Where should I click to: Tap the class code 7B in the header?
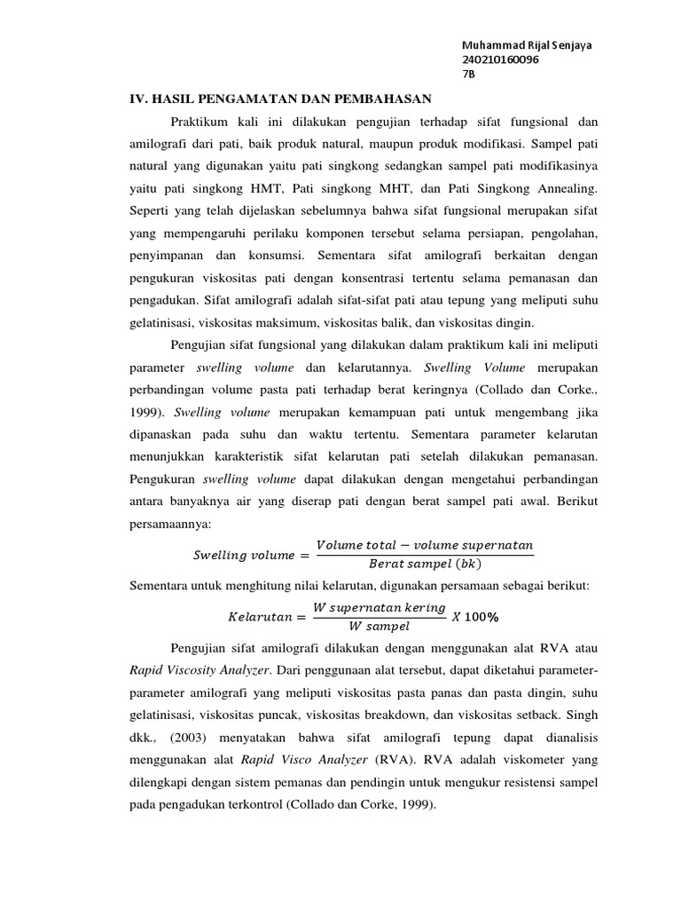pyautogui.click(x=469, y=75)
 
